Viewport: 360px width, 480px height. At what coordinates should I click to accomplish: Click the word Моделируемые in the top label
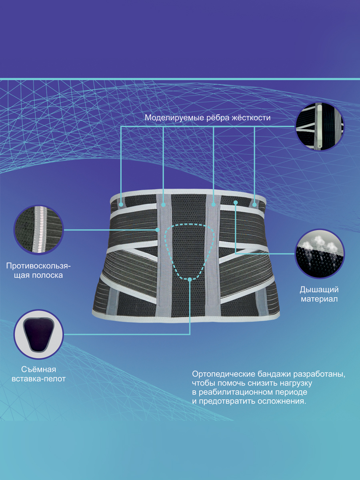click(174, 118)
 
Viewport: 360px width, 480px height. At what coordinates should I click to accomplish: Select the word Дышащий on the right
click(319, 290)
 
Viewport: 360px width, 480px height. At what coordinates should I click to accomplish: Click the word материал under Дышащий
click(319, 299)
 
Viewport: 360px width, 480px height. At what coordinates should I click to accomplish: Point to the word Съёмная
click(38, 370)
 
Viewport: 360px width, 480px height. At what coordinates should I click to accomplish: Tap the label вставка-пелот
click(38, 379)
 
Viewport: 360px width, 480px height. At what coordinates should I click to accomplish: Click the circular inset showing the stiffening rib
click(320, 127)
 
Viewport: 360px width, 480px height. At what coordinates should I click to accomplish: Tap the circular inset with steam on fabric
click(320, 254)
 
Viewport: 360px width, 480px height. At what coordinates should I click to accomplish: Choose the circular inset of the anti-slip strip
click(39, 230)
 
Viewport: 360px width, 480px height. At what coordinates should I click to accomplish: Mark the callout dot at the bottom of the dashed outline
click(190, 279)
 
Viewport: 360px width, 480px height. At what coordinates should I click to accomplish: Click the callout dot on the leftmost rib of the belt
click(121, 205)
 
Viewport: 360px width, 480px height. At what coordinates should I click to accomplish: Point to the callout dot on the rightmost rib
click(254, 205)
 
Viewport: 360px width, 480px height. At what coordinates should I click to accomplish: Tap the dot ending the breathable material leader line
click(236, 203)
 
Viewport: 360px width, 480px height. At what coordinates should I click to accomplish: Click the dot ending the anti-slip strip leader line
click(157, 230)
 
